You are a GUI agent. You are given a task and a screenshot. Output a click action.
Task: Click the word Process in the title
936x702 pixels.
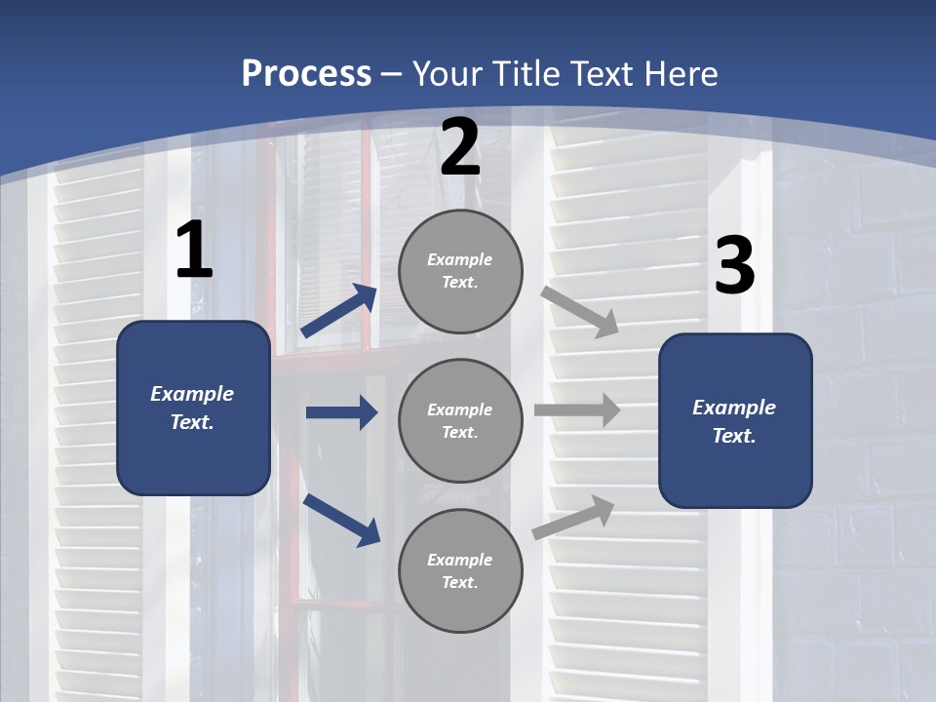tap(306, 74)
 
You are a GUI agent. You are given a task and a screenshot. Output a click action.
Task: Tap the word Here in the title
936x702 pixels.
tap(680, 74)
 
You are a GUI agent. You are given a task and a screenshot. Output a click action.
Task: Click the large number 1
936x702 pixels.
tap(193, 250)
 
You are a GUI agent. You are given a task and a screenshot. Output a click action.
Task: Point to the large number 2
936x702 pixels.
tap(460, 146)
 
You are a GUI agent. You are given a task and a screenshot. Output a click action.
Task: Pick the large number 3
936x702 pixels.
tap(734, 266)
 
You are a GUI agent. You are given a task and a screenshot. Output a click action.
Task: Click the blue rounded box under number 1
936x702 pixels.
tap(193, 408)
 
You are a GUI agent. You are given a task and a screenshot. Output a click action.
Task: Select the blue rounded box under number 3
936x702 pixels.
tap(735, 421)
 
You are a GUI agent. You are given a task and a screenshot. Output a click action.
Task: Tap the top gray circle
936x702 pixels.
tap(460, 271)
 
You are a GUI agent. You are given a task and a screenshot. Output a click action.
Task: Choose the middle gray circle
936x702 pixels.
tap(460, 421)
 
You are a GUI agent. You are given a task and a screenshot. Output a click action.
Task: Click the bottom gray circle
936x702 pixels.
tap(460, 571)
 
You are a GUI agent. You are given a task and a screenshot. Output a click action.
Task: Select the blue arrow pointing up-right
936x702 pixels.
tap(339, 310)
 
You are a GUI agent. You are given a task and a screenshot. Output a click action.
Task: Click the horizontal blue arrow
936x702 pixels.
tap(341, 412)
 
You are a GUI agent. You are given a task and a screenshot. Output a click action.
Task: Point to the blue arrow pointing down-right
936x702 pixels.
tap(342, 520)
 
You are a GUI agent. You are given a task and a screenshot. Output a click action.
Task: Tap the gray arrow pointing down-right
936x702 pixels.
tap(580, 311)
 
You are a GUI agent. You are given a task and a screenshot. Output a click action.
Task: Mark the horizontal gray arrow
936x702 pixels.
tap(577, 409)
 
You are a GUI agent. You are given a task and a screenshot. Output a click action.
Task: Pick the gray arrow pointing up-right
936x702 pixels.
tap(573, 517)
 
